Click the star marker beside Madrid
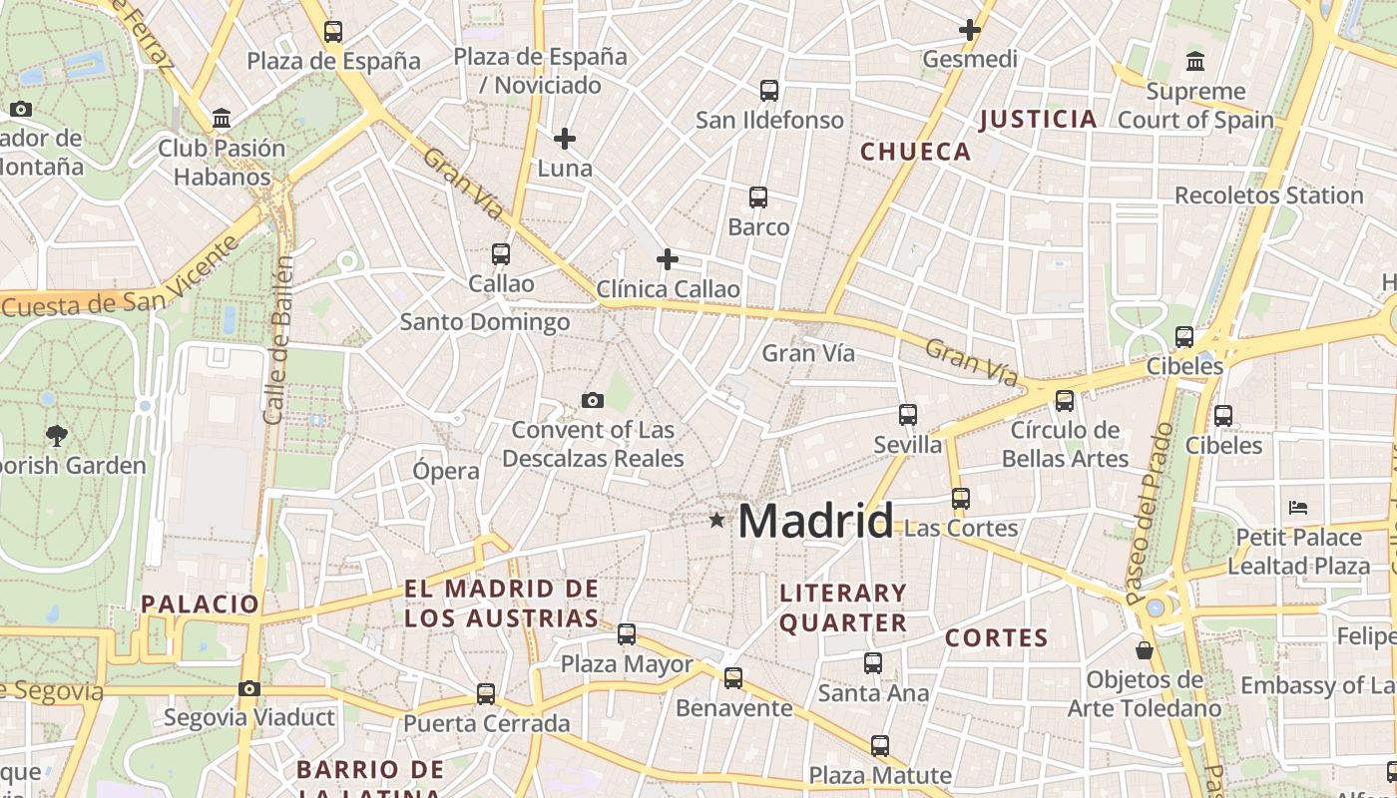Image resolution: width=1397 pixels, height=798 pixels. [716, 520]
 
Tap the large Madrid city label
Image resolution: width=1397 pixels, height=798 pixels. [815, 521]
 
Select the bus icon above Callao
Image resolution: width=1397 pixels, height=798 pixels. [501, 254]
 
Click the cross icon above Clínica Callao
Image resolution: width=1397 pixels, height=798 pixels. [668, 260]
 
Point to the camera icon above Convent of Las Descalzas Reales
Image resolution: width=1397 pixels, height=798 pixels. [593, 401]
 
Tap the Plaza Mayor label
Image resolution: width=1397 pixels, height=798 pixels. [627, 664]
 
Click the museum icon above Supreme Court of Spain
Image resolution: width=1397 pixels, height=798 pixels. [1195, 62]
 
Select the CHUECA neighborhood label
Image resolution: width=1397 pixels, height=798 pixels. [915, 152]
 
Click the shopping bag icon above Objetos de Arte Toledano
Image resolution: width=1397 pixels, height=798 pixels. [1145, 650]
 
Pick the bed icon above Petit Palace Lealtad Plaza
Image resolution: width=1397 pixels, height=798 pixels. [1298, 508]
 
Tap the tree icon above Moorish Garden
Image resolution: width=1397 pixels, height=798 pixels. [57, 435]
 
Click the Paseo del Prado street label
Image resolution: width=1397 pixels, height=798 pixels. [1150, 514]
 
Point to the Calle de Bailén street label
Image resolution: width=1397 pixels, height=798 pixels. [278, 340]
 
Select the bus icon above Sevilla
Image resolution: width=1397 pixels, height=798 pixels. [908, 414]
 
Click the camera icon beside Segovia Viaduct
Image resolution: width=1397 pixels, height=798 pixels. [249, 688]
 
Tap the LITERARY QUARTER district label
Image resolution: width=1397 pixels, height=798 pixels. [843, 607]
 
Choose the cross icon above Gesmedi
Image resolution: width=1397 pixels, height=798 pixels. [969, 30]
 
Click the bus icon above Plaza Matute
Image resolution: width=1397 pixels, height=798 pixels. [880, 746]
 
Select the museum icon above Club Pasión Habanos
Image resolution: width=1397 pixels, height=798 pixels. [222, 120]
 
